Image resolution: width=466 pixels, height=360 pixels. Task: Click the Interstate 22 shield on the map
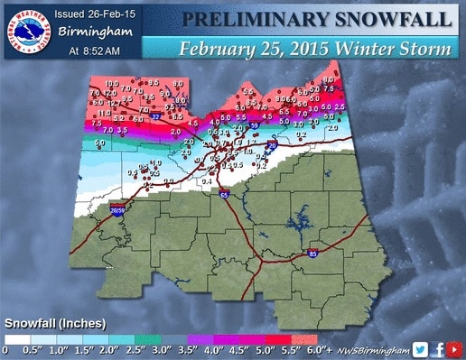(x=156, y=116)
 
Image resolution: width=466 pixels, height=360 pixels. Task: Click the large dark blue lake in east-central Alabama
(x=295, y=221)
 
